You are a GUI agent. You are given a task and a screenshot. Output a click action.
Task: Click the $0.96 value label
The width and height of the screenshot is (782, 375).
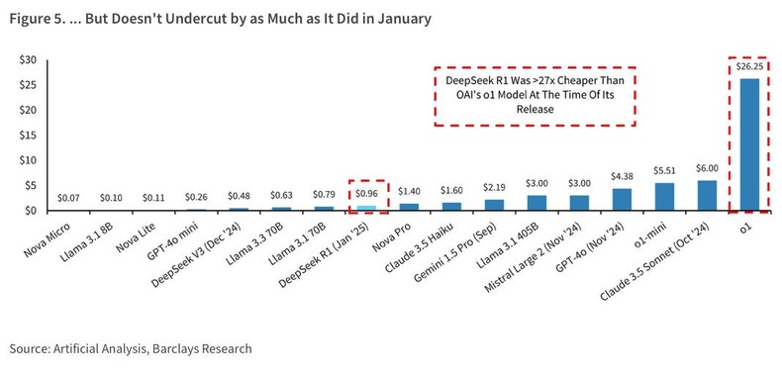[366, 195]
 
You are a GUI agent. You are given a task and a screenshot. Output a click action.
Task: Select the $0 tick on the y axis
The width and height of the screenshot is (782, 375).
[31, 211]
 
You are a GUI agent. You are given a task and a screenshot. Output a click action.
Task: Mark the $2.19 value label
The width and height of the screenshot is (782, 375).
[493, 188]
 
